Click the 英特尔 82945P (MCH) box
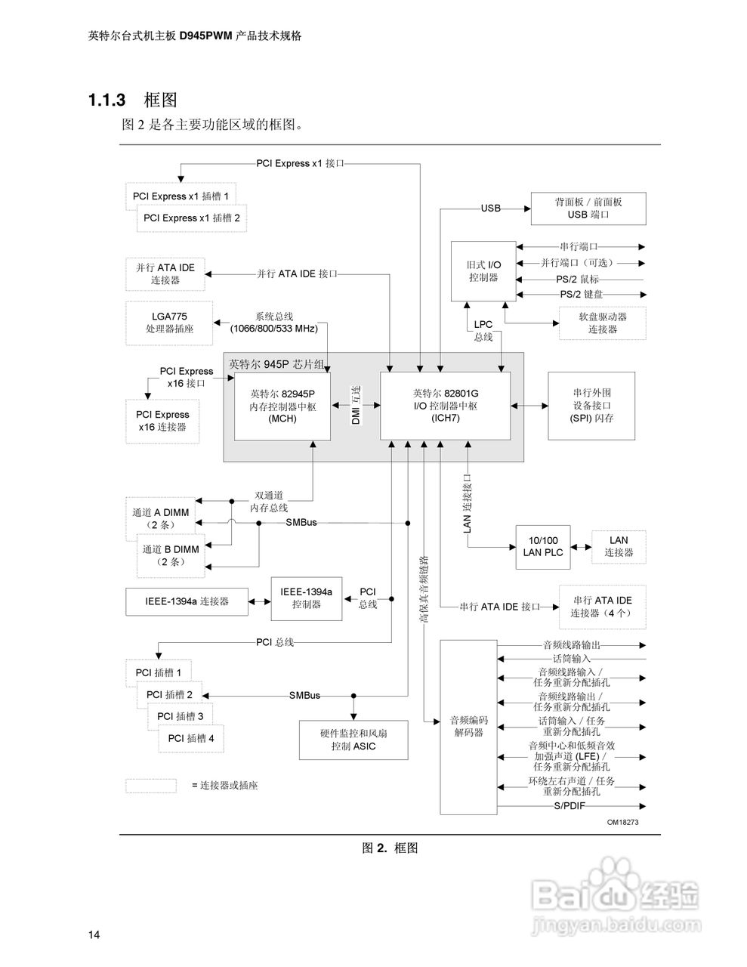click(282, 406)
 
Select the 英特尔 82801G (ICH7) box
click(445, 406)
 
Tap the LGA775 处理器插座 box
click(169, 323)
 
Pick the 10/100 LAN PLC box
click(542, 546)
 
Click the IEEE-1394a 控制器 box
click(306, 598)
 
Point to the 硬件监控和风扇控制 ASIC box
click(353, 740)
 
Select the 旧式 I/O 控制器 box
click(483, 271)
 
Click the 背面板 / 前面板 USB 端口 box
click(588, 208)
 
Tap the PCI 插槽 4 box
click(191, 738)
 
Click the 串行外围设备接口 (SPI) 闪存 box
click(591, 406)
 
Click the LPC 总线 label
click(483, 330)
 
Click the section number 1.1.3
click(106, 100)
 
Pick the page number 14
click(94, 935)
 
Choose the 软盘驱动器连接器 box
click(603, 323)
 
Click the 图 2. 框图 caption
click(390, 848)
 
